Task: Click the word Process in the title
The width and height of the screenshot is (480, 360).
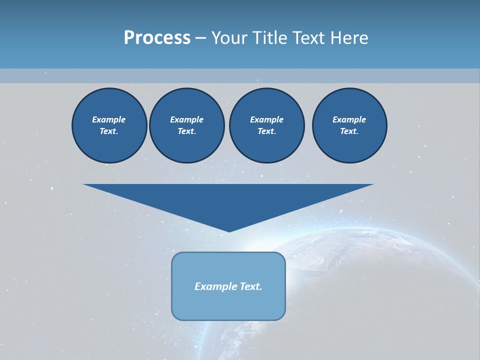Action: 157,38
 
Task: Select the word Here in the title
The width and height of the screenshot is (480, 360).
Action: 350,38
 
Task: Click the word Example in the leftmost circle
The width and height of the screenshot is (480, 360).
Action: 109,119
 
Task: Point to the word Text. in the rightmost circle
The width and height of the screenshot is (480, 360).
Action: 349,131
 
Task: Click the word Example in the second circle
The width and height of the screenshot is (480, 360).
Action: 186,119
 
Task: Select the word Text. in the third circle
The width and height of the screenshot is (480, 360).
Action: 266,131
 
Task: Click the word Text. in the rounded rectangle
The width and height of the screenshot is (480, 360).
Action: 251,286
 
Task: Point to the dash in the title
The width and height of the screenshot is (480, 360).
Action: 200,38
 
